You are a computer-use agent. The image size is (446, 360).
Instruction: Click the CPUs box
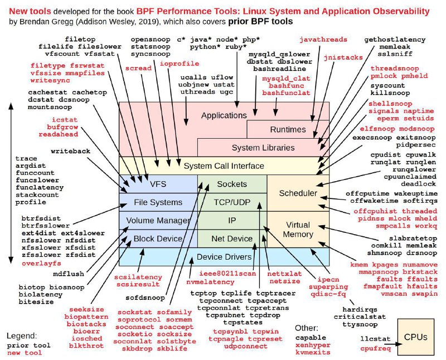click(x=415, y=337)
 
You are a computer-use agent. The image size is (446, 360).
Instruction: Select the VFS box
click(x=158, y=184)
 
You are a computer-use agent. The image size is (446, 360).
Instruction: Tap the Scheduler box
click(x=298, y=193)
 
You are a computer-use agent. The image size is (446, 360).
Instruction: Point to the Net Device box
click(x=232, y=239)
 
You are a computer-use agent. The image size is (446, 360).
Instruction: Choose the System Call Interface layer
click(x=224, y=166)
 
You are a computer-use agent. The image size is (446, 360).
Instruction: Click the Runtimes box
click(x=288, y=129)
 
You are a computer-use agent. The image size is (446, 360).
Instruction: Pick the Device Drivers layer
click(x=224, y=257)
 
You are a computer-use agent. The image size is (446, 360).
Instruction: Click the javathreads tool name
click(x=323, y=40)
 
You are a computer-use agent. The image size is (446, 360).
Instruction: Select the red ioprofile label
click(x=179, y=64)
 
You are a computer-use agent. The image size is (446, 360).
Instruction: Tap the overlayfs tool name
click(x=41, y=264)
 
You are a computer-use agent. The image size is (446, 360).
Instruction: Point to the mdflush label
click(x=69, y=274)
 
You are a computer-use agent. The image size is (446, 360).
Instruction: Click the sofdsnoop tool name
click(x=145, y=298)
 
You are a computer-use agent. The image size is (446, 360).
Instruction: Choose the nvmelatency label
click(x=210, y=282)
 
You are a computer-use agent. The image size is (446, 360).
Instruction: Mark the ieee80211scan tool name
click(x=227, y=274)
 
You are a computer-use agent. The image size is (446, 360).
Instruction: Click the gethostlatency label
click(x=395, y=40)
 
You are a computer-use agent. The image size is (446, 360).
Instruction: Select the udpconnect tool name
click(x=245, y=346)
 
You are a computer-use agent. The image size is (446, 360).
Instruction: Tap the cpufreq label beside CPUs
click(x=375, y=348)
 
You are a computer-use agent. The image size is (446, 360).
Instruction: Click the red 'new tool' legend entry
click(x=25, y=353)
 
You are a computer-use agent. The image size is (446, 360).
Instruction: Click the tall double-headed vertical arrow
click(x=11, y=183)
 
